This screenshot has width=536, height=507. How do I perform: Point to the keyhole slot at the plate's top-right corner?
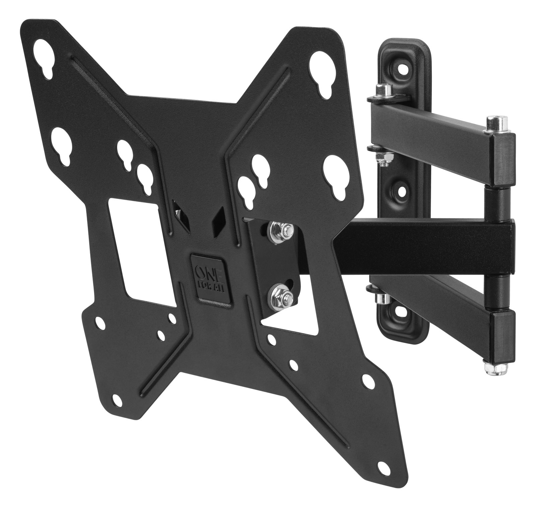point(321,70)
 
